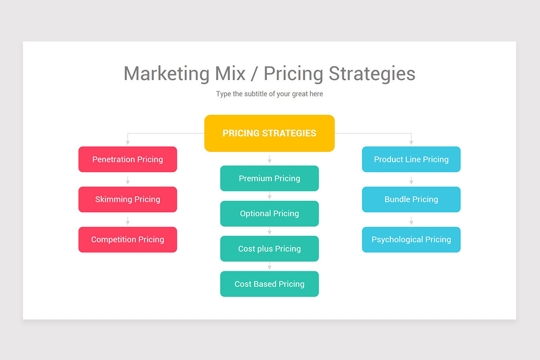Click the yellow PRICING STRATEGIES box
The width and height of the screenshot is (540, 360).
click(x=269, y=133)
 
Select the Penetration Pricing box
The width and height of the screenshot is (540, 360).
click(x=128, y=159)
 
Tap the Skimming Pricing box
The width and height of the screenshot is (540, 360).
click(x=128, y=199)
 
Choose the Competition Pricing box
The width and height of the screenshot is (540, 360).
click(x=128, y=239)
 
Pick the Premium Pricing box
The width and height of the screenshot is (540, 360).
click(x=269, y=178)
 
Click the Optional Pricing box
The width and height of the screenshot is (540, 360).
click(x=269, y=213)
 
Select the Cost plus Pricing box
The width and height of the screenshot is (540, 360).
click(x=269, y=249)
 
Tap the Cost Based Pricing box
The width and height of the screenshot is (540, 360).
click(x=269, y=284)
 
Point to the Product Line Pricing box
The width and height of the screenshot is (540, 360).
click(x=411, y=159)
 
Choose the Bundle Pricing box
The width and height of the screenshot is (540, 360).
click(x=411, y=199)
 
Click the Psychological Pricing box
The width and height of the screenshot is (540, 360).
click(x=411, y=239)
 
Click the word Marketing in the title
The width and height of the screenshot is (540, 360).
click(x=166, y=74)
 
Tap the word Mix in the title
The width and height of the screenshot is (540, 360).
click(x=230, y=74)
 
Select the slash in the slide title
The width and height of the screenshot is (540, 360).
click(x=255, y=74)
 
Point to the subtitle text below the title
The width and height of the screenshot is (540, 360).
click(x=269, y=94)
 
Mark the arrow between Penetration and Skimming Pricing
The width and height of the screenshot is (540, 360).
click(x=128, y=180)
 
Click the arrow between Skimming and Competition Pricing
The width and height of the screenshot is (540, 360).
click(x=128, y=220)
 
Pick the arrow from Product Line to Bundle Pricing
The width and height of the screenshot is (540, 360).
click(x=411, y=180)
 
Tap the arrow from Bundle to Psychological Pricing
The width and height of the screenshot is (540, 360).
click(x=411, y=220)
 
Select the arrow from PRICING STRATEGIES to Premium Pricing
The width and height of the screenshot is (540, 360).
click(x=270, y=159)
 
